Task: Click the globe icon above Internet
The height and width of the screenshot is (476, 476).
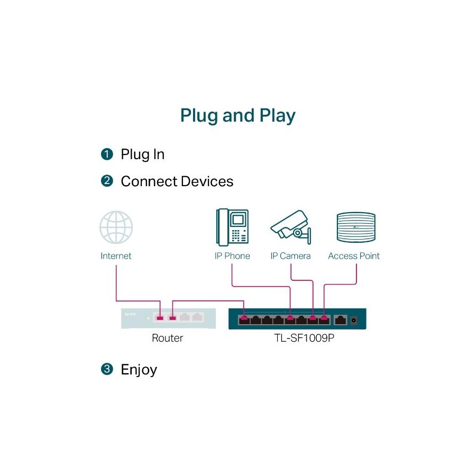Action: pyautogui.click(x=116, y=227)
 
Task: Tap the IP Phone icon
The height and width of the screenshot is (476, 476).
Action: pyautogui.click(x=232, y=227)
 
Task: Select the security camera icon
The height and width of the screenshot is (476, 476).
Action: pyautogui.click(x=290, y=226)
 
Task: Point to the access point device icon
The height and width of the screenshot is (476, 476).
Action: pyautogui.click(x=355, y=228)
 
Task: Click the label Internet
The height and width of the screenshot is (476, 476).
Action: pyautogui.click(x=116, y=256)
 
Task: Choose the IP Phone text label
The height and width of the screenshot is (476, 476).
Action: pyautogui.click(x=232, y=256)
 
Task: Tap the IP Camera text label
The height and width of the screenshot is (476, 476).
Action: pyautogui.click(x=290, y=256)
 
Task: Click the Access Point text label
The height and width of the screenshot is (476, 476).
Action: pyautogui.click(x=354, y=256)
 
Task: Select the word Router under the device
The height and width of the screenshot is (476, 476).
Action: pyautogui.click(x=167, y=338)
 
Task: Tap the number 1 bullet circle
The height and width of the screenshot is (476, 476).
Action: pyautogui.click(x=107, y=154)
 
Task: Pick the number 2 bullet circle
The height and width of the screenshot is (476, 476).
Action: pyautogui.click(x=107, y=181)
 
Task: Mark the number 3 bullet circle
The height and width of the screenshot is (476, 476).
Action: pyautogui.click(x=107, y=369)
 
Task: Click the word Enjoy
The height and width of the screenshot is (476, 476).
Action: pyautogui.click(x=139, y=370)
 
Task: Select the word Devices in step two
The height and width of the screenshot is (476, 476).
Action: pyautogui.click(x=207, y=181)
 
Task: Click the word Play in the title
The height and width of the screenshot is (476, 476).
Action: pyautogui.click(x=277, y=116)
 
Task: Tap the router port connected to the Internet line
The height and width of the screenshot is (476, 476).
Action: pyautogui.click(x=160, y=318)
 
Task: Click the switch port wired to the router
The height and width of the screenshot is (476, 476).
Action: pyautogui.click(x=243, y=319)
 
